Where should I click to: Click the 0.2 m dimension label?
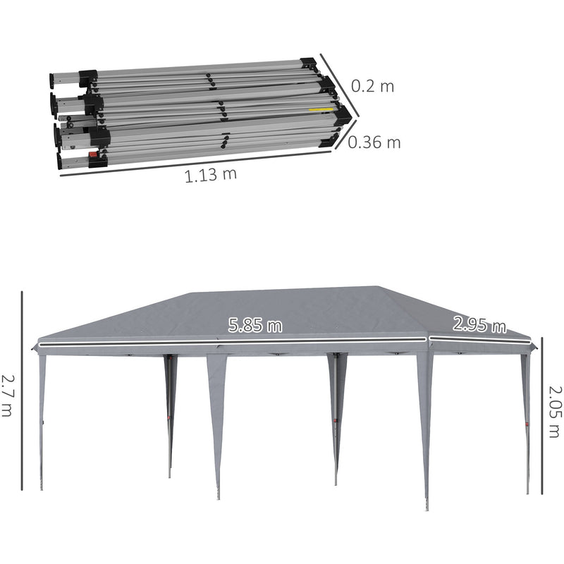[373, 86]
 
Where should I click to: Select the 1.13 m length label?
[211, 176]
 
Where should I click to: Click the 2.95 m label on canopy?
[479, 325]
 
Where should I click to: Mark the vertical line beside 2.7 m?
[22, 391]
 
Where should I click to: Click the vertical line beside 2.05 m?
[541, 416]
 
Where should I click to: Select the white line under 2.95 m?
[479, 339]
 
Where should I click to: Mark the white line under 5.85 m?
[233, 343]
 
